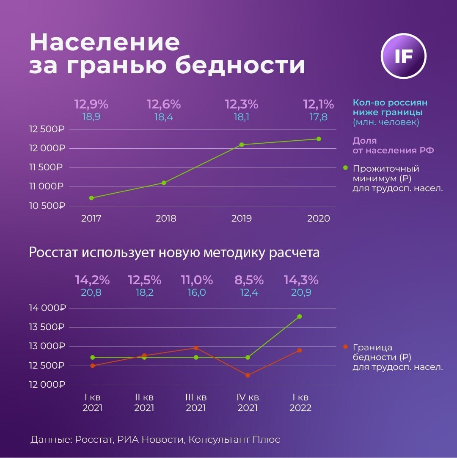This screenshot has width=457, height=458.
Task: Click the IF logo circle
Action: point(403,57)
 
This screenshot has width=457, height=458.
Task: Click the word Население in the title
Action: point(105,43)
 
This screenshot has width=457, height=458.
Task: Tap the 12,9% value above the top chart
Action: point(91,104)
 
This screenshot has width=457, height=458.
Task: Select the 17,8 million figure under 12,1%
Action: point(318,117)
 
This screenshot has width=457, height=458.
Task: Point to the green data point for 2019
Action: point(242,144)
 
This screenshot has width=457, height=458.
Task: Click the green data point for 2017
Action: point(91,198)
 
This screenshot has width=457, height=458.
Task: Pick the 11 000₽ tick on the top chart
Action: point(47,187)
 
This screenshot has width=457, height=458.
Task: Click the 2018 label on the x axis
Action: point(166,219)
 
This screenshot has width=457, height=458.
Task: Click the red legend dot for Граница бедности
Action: point(346,347)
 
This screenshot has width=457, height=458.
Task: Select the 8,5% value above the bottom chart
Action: point(249,280)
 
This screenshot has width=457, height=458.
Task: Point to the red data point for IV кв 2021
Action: point(248,375)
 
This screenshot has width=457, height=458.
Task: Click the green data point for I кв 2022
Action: point(300,316)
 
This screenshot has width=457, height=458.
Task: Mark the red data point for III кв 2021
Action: point(196,348)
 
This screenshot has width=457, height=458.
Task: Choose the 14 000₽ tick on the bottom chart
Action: point(47,308)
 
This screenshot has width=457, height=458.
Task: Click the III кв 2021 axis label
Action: point(196,403)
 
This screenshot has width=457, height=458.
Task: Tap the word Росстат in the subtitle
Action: point(53,253)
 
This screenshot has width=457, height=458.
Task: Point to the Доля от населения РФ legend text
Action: point(393,145)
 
